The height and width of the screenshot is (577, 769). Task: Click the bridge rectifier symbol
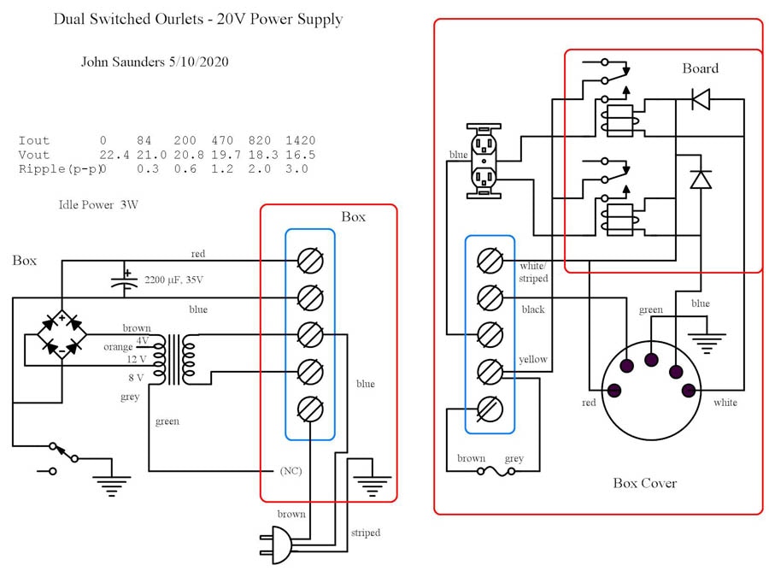click(62, 334)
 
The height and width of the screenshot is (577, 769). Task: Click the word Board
click(700, 68)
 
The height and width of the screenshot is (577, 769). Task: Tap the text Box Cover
click(644, 483)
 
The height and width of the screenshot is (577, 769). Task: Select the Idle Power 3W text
click(97, 205)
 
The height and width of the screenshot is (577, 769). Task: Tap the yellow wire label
click(533, 360)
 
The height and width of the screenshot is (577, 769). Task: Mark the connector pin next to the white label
click(689, 391)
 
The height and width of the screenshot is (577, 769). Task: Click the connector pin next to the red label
click(613, 391)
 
